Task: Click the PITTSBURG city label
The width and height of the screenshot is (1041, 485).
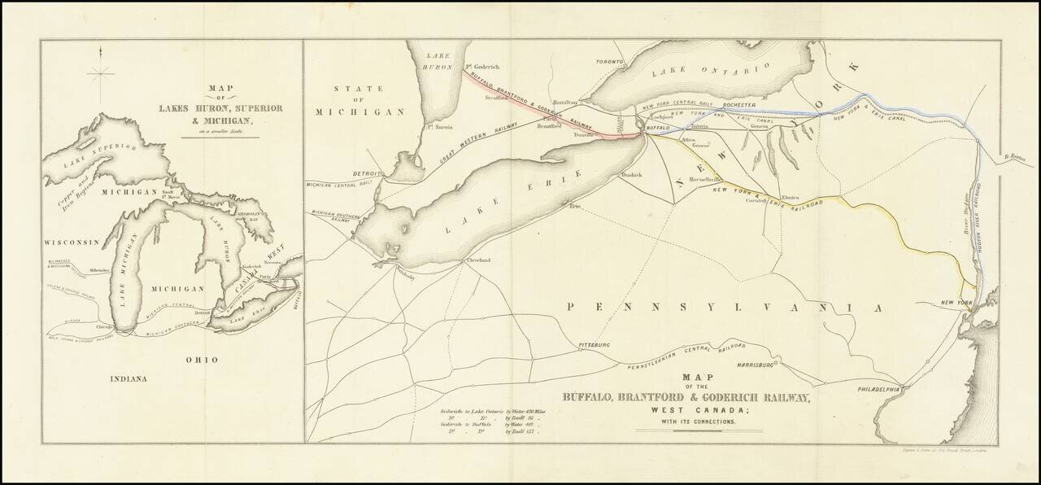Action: (593, 345)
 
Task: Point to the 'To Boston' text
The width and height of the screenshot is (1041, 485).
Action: (1017, 157)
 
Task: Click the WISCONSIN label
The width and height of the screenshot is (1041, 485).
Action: (71, 242)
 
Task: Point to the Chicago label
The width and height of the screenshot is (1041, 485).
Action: (104, 326)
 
